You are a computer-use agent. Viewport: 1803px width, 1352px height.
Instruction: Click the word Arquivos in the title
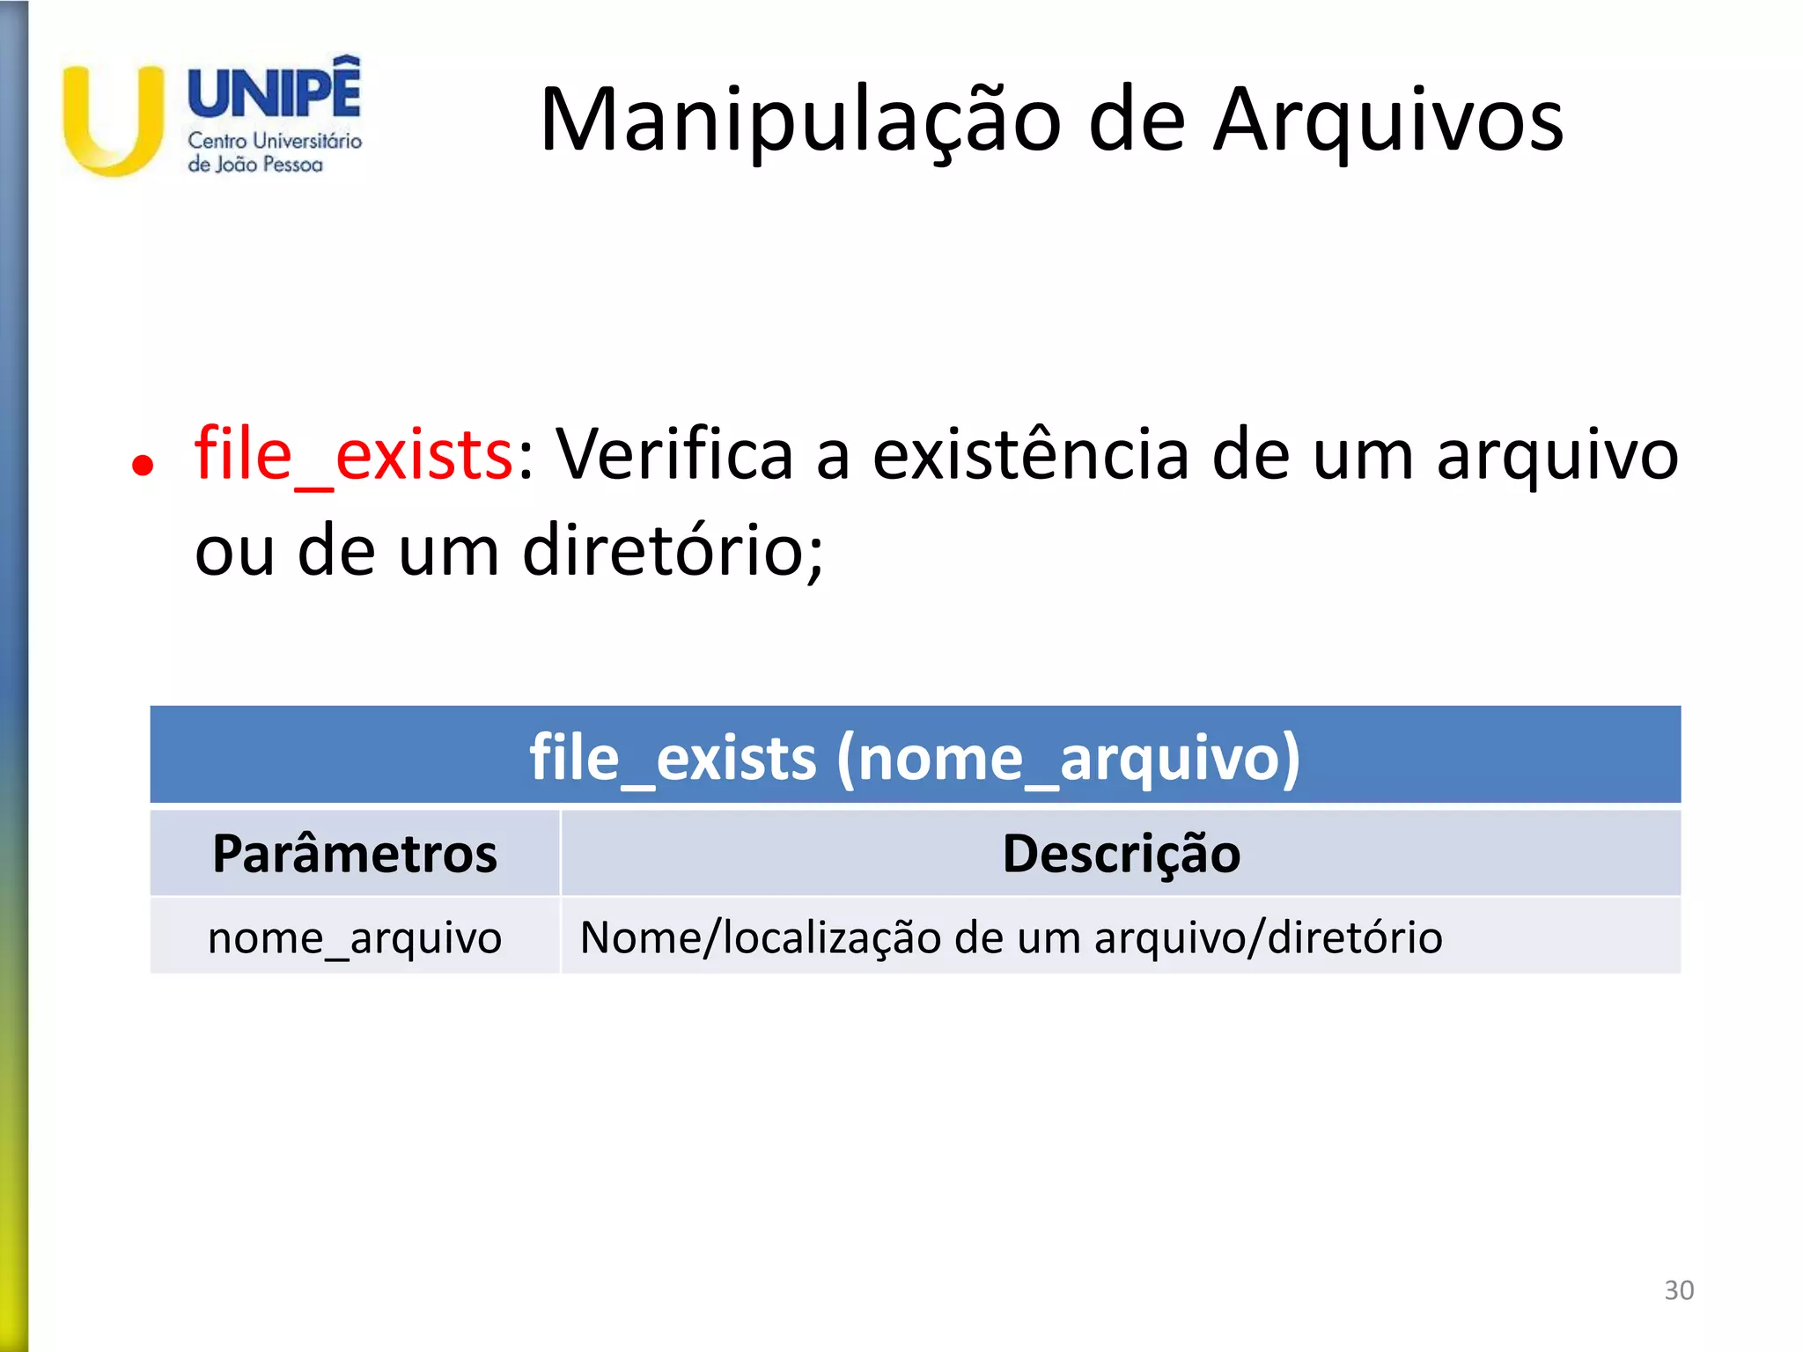pos(1388,121)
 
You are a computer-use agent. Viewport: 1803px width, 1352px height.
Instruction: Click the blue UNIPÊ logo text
pos(275,91)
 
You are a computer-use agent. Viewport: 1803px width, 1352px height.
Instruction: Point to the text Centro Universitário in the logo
pos(275,141)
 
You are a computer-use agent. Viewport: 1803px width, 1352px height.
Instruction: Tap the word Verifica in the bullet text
pos(674,455)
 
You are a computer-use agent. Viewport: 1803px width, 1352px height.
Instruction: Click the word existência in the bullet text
pos(1031,455)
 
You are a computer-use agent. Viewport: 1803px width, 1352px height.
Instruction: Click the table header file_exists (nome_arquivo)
pos(915,757)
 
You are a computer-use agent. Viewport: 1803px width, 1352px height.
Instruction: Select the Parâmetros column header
pos(355,854)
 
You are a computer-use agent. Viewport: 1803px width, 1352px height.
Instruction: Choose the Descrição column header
pos(1121,854)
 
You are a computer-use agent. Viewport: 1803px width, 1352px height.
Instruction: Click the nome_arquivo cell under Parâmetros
pos(355,937)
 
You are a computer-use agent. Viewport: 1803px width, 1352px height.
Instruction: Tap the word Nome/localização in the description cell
pos(761,937)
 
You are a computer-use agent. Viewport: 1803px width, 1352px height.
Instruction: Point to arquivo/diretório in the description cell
pos(1268,937)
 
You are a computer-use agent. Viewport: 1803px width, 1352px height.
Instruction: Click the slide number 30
pos(1679,1290)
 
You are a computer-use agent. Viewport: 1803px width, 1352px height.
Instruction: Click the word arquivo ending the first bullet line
pos(1557,455)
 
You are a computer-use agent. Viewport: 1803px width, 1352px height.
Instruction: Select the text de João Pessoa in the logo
pos(255,165)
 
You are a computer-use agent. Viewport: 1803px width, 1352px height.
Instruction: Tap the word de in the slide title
pos(1137,121)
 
